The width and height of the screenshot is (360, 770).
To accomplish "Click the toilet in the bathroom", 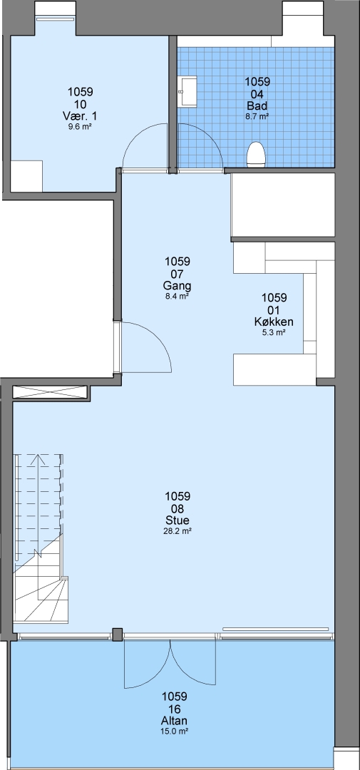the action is coord(256,155).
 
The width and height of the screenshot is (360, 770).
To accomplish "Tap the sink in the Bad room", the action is coord(187,91).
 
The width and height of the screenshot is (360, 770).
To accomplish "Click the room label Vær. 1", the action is coord(80,116).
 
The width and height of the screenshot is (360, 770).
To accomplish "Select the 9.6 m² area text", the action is coord(80,126).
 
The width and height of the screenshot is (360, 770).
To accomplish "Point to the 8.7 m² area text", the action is coord(257,116).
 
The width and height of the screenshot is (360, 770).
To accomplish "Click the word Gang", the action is coord(178,286).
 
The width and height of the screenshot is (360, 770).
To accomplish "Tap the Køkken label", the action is coord(274,322).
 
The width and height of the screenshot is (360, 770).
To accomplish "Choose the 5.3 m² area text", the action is coord(274,332).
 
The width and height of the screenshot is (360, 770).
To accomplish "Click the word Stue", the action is coord(178,520).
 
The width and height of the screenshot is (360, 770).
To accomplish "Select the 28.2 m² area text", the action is coord(178,531).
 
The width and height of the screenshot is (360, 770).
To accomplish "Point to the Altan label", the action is coord(175,721).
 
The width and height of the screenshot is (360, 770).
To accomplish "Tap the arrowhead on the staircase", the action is coord(38,461).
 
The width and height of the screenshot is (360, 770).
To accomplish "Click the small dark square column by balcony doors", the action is coord(118,635).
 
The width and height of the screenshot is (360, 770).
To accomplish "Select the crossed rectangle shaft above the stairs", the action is coord(51,394).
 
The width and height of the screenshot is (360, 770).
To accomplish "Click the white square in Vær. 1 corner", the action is coord(26,176).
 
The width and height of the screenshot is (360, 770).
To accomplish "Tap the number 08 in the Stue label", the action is coord(178,509).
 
